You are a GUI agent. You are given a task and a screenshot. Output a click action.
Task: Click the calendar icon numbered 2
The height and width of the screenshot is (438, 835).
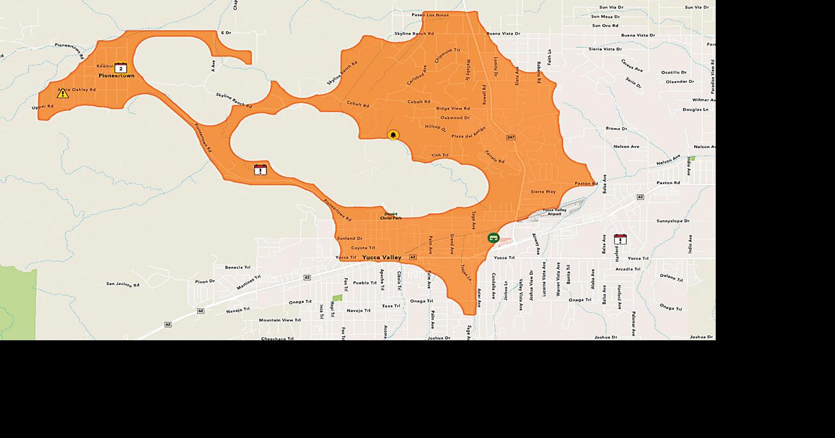tap(121, 67)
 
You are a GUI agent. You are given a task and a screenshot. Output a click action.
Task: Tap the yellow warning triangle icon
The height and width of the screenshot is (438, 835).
tap(63, 93)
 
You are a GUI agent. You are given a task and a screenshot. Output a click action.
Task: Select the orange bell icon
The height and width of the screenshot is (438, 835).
tap(392, 135)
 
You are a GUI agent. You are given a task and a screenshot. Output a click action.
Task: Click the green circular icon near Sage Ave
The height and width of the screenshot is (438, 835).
tap(493, 238)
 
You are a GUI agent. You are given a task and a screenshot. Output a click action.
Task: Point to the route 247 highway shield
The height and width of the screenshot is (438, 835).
tap(511, 137)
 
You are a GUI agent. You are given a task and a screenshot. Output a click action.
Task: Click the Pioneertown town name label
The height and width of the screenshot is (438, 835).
tap(117, 76)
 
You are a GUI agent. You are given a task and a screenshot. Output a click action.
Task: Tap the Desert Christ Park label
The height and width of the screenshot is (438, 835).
tap(391, 216)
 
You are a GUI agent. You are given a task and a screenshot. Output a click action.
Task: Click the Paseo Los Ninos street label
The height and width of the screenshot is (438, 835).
tap(431, 14)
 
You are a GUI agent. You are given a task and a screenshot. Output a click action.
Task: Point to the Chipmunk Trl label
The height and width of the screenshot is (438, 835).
tap(447, 56)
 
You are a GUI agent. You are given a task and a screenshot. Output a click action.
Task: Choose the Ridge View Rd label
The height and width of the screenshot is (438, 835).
tap(453, 108)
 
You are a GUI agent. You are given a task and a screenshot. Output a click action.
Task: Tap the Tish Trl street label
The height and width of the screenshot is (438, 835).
tap(440, 155)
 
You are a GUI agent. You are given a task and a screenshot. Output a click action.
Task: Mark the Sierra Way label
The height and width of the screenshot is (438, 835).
tap(543, 192)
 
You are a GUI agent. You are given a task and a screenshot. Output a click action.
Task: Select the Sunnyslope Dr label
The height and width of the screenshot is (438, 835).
tap(673, 221)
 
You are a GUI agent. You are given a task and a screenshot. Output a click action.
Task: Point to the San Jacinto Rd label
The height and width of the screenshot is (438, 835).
tap(123, 284)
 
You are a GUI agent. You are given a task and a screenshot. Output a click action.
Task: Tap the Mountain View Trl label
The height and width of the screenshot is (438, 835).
tap(280, 320)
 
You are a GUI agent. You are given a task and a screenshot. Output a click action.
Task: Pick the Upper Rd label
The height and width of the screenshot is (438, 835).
tap(42, 107)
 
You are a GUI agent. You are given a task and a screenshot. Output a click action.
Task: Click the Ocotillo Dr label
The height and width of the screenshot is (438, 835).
tap(674, 72)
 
